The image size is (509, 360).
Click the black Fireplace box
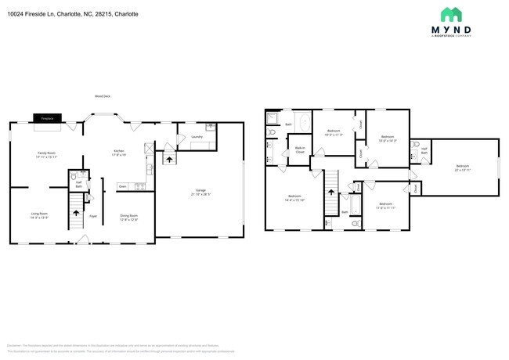click(47, 118)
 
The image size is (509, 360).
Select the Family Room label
click(46, 154)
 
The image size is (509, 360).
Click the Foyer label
click(92, 216)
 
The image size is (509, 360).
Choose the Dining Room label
click(129, 217)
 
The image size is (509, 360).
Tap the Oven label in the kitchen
click(122, 186)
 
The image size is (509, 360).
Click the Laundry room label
click(197, 137)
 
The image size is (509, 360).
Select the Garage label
click(201, 191)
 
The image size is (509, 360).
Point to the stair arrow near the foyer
click(76, 211)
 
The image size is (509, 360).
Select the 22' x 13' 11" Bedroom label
click(463, 167)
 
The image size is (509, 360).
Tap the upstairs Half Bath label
click(424, 150)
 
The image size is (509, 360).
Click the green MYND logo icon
click(451, 14)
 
